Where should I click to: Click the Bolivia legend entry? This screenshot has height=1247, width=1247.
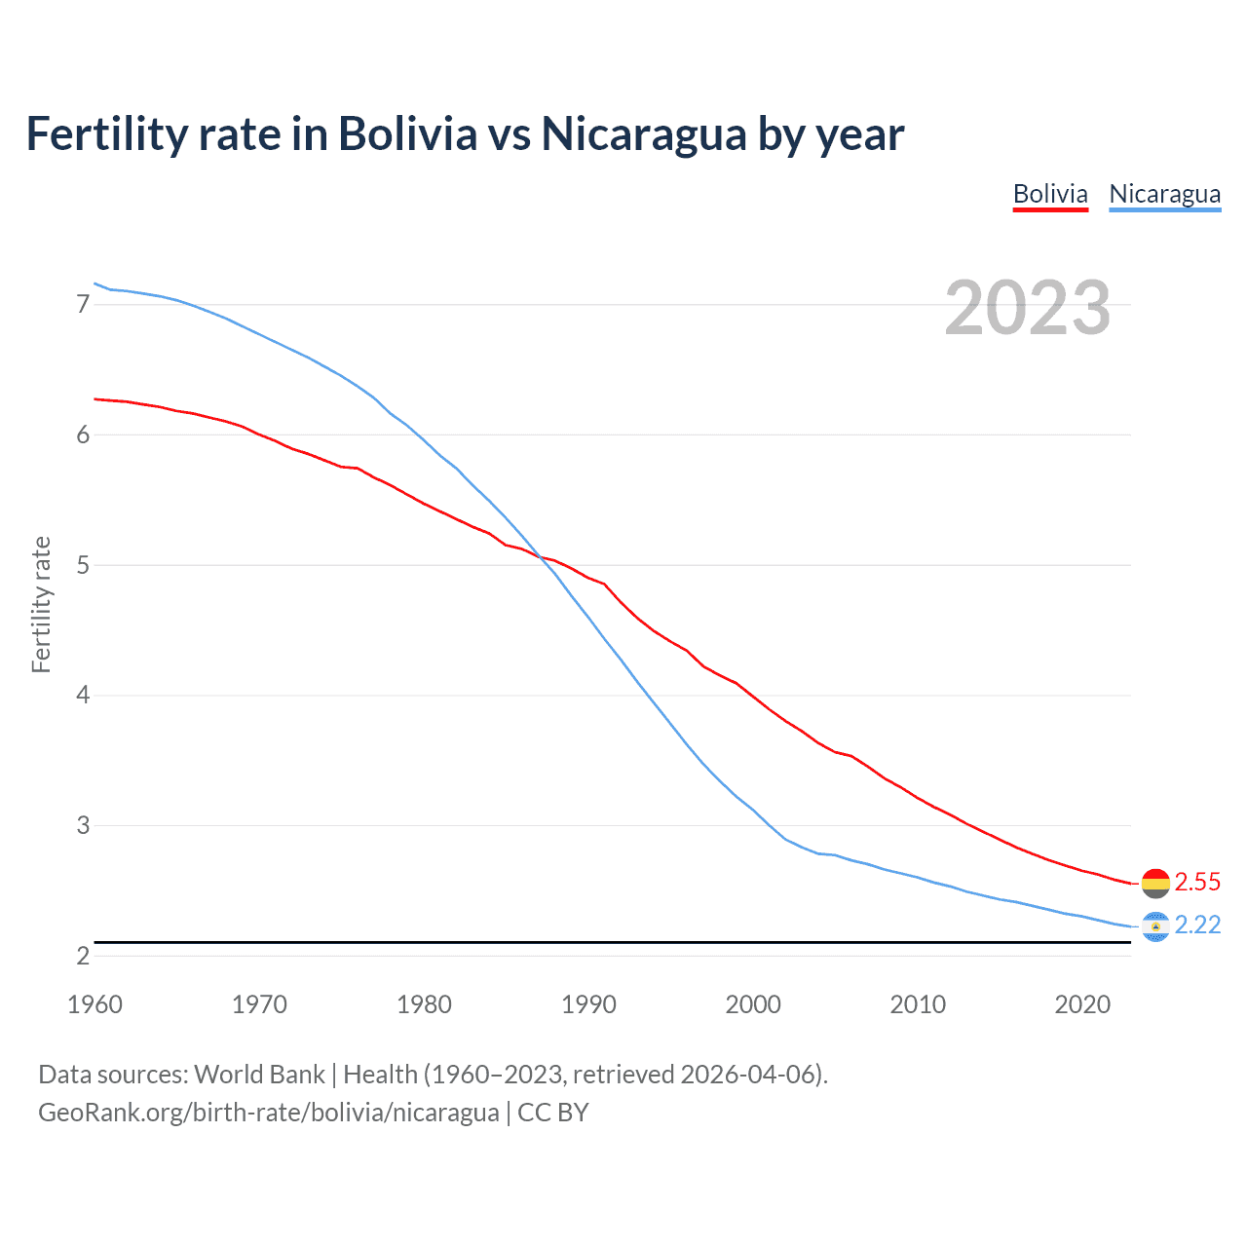[x=1050, y=194]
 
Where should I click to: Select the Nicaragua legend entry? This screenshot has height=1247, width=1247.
[x=1164, y=194]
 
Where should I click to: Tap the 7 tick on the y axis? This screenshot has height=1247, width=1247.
[x=83, y=305]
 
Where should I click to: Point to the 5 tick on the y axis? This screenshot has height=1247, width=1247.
[x=83, y=565]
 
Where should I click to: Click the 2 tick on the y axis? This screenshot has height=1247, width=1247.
[x=83, y=956]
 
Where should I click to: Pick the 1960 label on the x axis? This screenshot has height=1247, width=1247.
[x=94, y=1004]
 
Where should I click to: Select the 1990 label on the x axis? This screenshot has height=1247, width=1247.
[x=588, y=1004]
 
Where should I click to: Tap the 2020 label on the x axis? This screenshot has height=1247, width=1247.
[x=1082, y=1004]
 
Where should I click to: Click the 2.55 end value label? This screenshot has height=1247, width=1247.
[x=1197, y=882]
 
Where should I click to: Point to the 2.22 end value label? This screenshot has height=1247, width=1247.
[x=1197, y=925]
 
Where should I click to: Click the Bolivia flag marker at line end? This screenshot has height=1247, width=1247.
[x=1155, y=883]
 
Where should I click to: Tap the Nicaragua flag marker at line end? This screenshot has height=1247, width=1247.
[x=1155, y=926]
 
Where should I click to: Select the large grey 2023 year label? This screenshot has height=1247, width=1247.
[x=1027, y=308]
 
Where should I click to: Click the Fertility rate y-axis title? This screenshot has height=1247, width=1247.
[x=41, y=604]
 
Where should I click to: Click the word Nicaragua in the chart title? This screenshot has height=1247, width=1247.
[x=643, y=134]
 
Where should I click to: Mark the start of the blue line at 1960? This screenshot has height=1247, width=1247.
[x=94, y=283]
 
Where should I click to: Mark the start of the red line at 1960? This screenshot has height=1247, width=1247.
[x=94, y=398]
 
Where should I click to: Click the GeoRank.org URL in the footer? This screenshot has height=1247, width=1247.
[x=268, y=1112]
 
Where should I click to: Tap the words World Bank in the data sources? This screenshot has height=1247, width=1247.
[x=259, y=1074]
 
